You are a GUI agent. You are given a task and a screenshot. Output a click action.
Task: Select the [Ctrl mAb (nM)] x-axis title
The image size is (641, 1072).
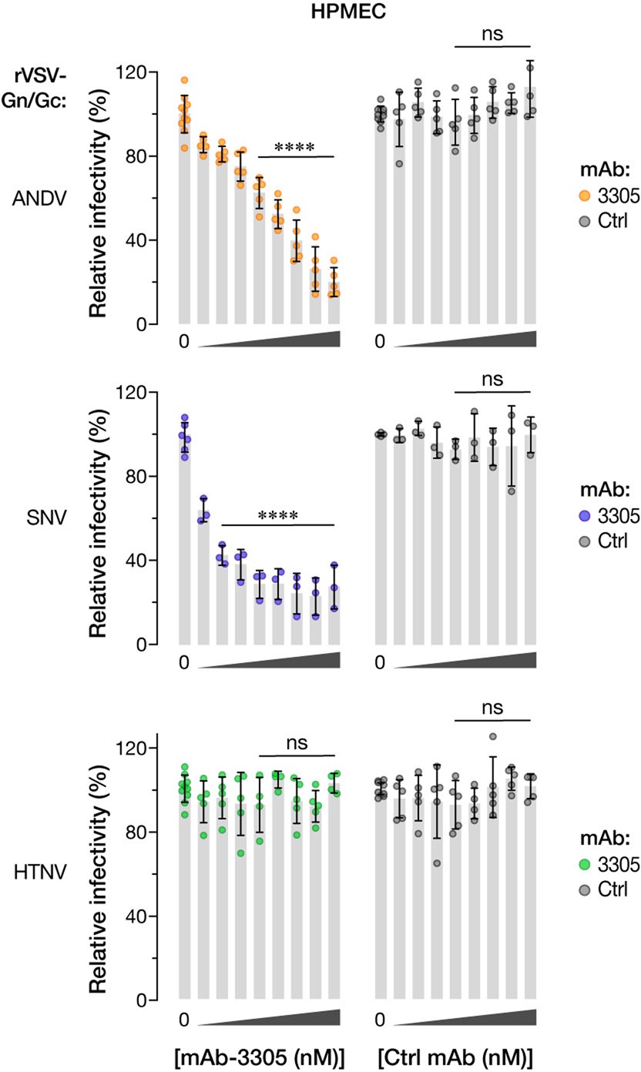[457, 1052]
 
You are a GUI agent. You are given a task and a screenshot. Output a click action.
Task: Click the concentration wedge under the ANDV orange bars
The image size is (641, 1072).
[269, 339]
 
